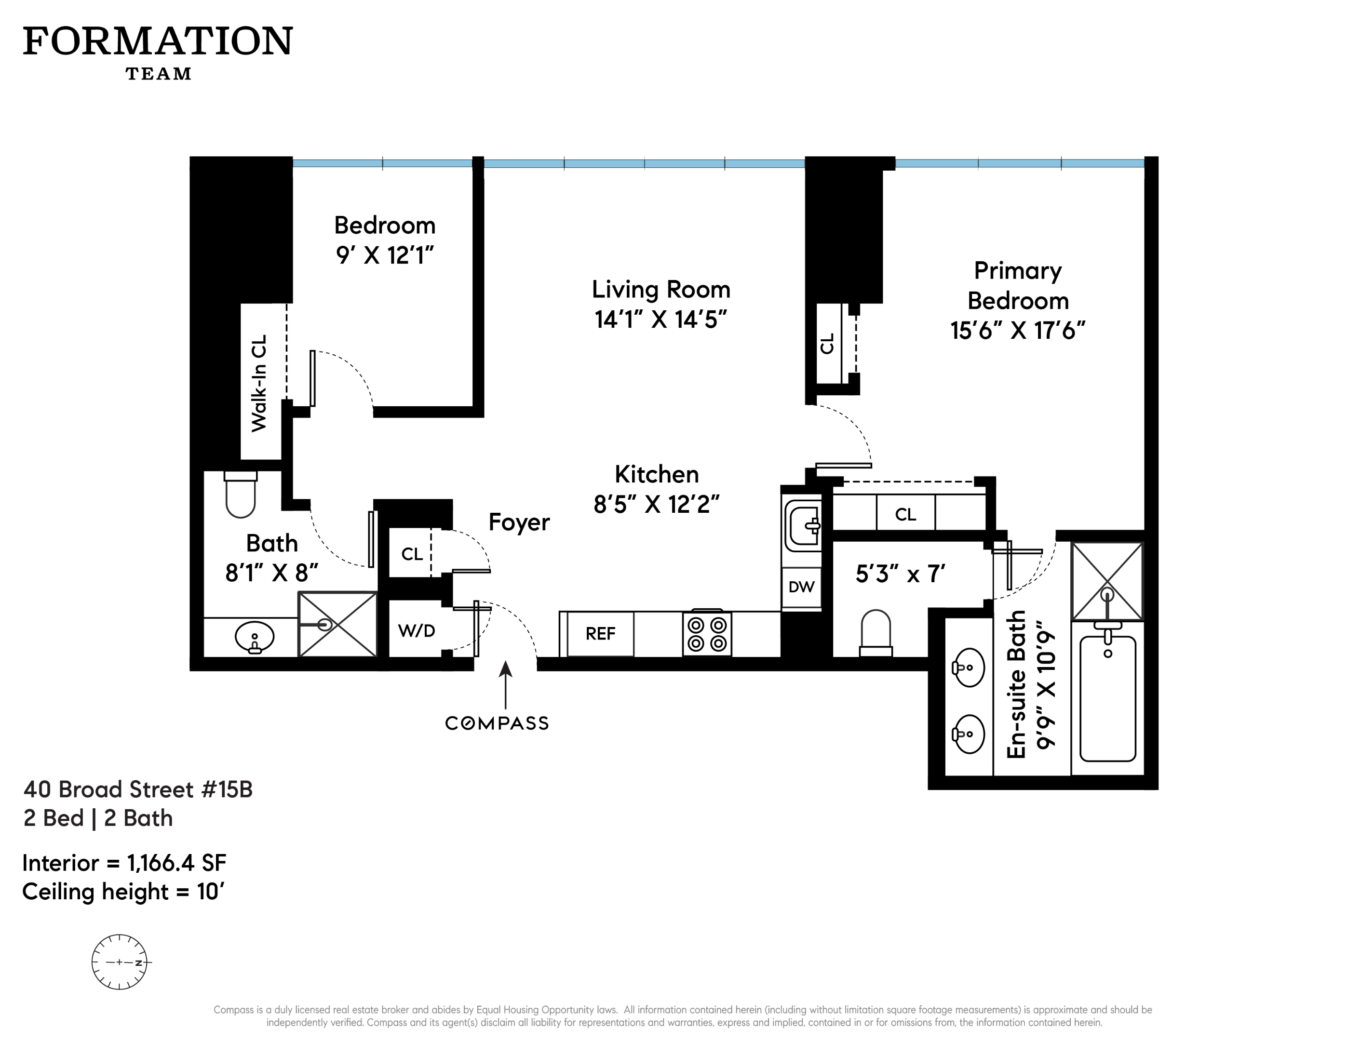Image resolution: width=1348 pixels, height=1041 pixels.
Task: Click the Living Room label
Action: [661, 289]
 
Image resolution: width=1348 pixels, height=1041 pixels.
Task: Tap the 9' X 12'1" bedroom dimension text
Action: [385, 255]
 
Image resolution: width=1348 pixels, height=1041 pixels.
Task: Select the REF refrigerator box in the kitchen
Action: [600, 634]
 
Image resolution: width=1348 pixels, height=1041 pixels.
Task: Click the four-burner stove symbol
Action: [707, 634]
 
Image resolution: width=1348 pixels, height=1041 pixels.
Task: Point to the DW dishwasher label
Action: [801, 587]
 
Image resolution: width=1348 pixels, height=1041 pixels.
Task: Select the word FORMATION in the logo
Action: [158, 41]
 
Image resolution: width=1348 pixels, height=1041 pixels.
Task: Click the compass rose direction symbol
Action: [120, 962]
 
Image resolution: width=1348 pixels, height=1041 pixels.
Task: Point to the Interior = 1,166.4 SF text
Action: [124, 863]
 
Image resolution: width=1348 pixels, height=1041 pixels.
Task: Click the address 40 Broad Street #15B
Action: [138, 789]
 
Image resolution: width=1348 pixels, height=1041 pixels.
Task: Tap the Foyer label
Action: [518, 522]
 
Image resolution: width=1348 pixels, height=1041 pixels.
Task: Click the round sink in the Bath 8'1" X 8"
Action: [254, 637]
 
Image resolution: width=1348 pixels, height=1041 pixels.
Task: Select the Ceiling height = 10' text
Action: [123, 892]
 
